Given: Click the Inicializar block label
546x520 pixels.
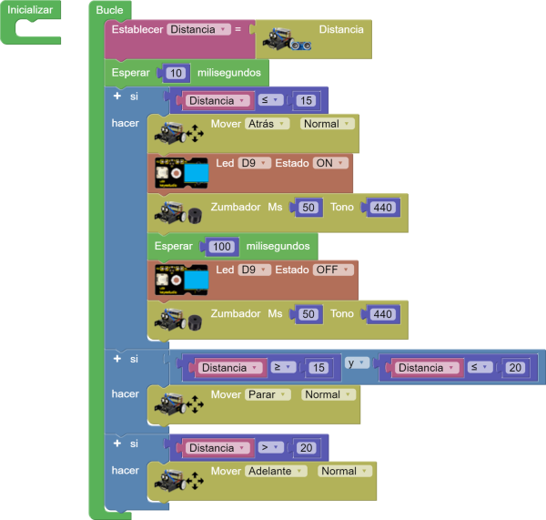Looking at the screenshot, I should click(30, 10).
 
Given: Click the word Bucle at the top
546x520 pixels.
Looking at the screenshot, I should click(109, 10).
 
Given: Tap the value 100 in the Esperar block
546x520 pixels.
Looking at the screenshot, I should click(222, 246).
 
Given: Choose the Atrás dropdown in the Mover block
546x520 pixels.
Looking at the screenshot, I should click(268, 124).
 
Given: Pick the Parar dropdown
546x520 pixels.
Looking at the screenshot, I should click(268, 395).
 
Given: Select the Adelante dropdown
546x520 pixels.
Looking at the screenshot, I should click(277, 471).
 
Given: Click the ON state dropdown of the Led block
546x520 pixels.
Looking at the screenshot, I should click(329, 163).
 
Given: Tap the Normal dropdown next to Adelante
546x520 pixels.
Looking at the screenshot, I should click(345, 471).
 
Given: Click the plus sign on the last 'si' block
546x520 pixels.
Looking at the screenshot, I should click(116, 443).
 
